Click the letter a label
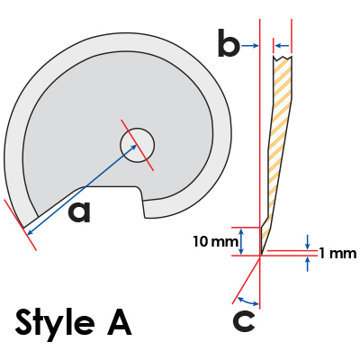pos(79,211)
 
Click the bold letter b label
pos(229,42)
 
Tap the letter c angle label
pos(244,321)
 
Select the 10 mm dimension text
pos(215,241)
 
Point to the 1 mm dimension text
pos(338,254)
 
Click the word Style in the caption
pos(55,323)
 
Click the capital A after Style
pos(120,322)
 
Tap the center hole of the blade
pos(137,146)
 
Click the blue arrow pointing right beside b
pos(250,46)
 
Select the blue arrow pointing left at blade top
pos(283,46)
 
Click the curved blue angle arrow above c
pos(247,301)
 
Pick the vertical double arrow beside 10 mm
pos(242,241)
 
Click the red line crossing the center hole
pos(138,145)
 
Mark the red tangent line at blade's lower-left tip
pos(20,224)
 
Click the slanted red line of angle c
pos(246,280)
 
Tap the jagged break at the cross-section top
pos(283,57)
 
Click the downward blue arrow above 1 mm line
pos(307,242)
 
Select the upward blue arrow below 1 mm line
pos(307,264)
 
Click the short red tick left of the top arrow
pos(273,46)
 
